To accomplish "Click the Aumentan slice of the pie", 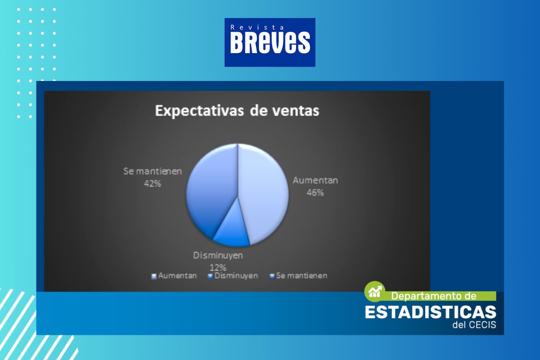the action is click(263, 193).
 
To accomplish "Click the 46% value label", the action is click(315, 193).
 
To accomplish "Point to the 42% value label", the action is click(153, 184).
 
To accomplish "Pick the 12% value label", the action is click(218, 267).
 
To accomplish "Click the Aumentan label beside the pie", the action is click(315, 180).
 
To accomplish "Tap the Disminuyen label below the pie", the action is click(218, 255).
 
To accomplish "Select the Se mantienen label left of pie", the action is click(153, 171).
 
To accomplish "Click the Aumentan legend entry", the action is click(174, 276).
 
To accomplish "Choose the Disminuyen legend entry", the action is click(233, 276).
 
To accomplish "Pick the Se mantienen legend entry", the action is click(298, 276).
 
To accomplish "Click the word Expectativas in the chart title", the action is click(199, 111).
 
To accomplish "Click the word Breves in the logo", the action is click(270, 43).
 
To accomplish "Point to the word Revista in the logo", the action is click(257, 27).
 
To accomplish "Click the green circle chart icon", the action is click(374, 292).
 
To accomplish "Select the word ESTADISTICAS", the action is click(431, 312).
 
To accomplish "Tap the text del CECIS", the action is click(474, 325).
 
